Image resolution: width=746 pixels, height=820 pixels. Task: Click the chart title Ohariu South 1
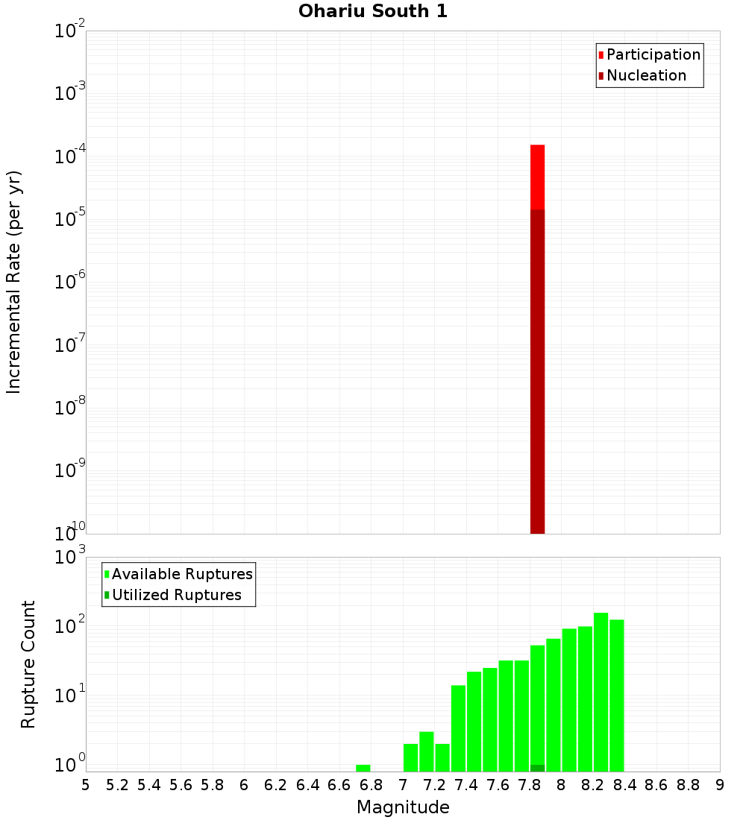click(373, 12)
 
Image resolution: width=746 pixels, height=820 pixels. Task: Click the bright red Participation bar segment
click(537, 177)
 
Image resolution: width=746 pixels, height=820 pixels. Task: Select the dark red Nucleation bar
click(537, 373)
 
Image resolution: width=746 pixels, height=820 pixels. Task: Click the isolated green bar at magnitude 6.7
click(363, 768)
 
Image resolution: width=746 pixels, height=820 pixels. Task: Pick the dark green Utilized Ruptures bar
click(537, 768)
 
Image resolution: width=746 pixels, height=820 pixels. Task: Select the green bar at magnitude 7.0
click(410, 757)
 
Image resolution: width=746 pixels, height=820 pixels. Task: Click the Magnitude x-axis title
click(403, 807)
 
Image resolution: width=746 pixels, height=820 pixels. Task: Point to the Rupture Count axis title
click(28, 664)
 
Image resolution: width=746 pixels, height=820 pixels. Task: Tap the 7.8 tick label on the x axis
click(530, 785)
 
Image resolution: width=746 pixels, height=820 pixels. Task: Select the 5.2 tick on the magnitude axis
click(117, 785)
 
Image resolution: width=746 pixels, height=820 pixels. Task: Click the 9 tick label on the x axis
click(720, 785)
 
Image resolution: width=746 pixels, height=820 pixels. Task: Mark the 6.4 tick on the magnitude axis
click(307, 785)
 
